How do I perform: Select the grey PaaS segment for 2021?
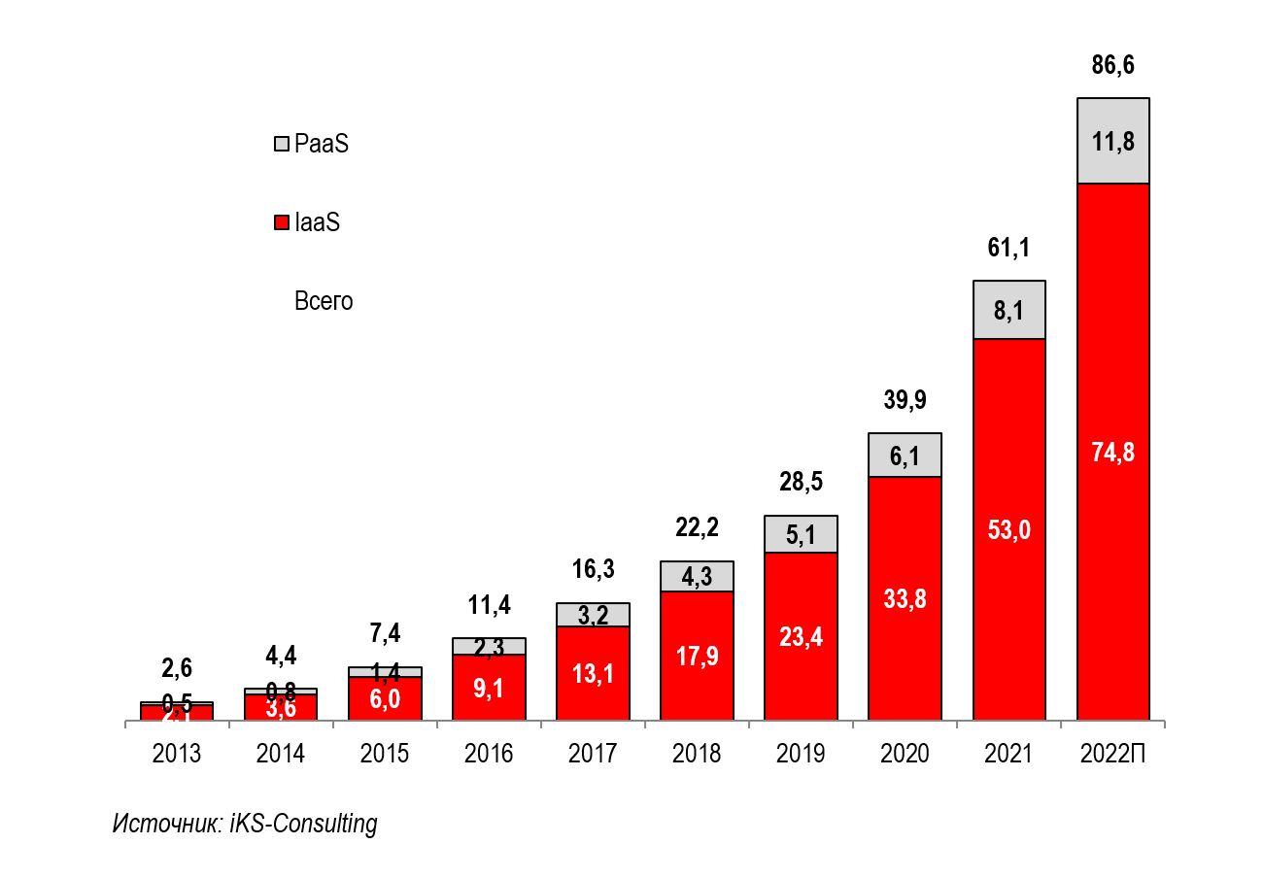[x=1009, y=311]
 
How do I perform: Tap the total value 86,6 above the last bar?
[x=1112, y=66]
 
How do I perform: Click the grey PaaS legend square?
[x=282, y=145]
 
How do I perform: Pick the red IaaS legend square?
[x=282, y=223]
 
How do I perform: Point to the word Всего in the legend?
[x=324, y=302]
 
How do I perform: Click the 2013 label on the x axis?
[x=177, y=755]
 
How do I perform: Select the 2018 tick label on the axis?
[x=697, y=755]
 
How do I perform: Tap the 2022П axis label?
[x=1112, y=755]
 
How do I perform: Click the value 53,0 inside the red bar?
[x=1009, y=530]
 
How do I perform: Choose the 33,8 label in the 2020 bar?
[x=905, y=599]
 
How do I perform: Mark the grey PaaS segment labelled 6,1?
[x=905, y=456]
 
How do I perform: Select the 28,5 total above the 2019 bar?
[x=801, y=483]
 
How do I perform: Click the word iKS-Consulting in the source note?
[x=303, y=825]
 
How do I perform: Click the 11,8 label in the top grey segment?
[x=1112, y=142]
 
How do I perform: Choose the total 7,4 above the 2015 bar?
[x=385, y=633]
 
